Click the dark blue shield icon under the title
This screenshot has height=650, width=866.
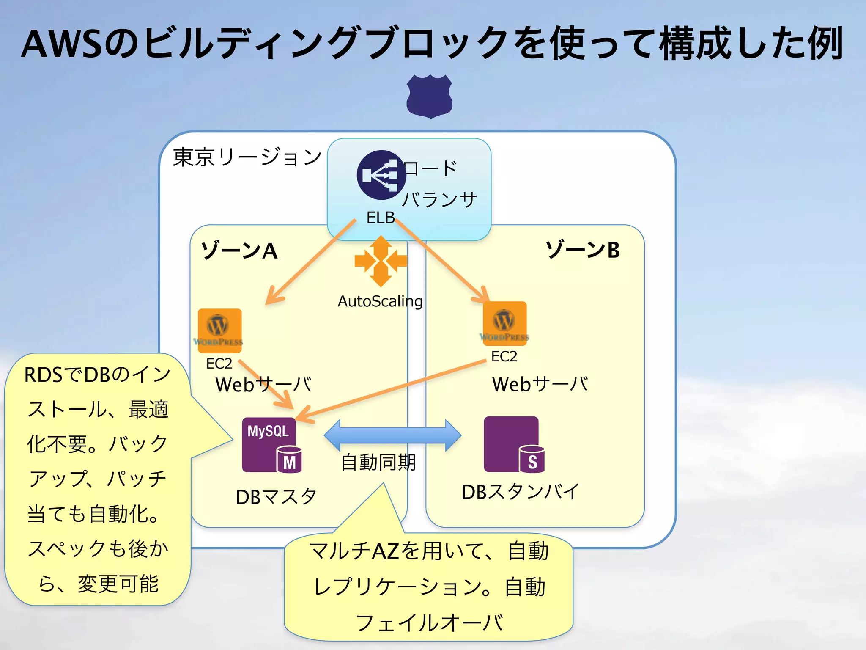430,96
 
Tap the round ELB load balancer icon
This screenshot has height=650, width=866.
381,175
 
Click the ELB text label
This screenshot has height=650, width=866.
380,218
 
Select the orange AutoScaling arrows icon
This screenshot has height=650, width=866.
381,261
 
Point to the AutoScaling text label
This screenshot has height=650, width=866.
380,301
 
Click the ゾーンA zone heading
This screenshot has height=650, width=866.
239,251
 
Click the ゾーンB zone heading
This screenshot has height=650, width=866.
583,250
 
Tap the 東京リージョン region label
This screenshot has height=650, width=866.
247,157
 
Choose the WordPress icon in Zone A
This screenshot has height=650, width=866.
219,331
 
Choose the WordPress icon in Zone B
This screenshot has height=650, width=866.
504,323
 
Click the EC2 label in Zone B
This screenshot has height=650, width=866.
504,356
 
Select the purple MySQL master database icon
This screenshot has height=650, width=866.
271,445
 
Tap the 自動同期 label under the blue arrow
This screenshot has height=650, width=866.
378,462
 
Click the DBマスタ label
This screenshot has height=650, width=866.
276,497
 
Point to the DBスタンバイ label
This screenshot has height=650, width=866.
520,492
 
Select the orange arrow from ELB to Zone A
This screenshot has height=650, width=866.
311,262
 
